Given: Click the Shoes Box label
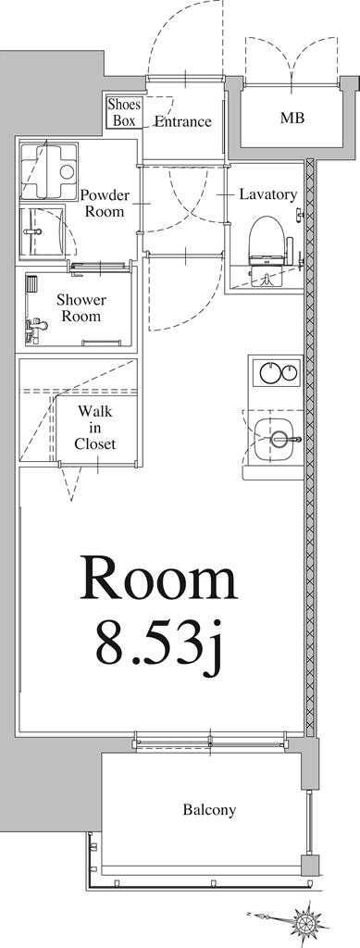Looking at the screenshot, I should tap(124, 112).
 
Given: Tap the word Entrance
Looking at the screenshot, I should tap(182, 121).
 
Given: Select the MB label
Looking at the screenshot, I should tap(292, 118).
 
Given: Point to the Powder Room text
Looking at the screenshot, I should tap(105, 203).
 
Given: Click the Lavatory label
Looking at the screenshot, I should tap(267, 195).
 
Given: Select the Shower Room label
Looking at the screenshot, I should tap(81, 308).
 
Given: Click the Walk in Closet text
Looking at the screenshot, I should tap(95, 427).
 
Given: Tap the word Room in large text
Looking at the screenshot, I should tap(160, 580).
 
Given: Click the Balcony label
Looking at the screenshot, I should tap(208, 810).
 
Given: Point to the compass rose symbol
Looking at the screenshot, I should tap(305, 920).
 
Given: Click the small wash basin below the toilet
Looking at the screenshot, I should tap(267, 279).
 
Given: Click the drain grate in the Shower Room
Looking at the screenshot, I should tap(31, 283).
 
